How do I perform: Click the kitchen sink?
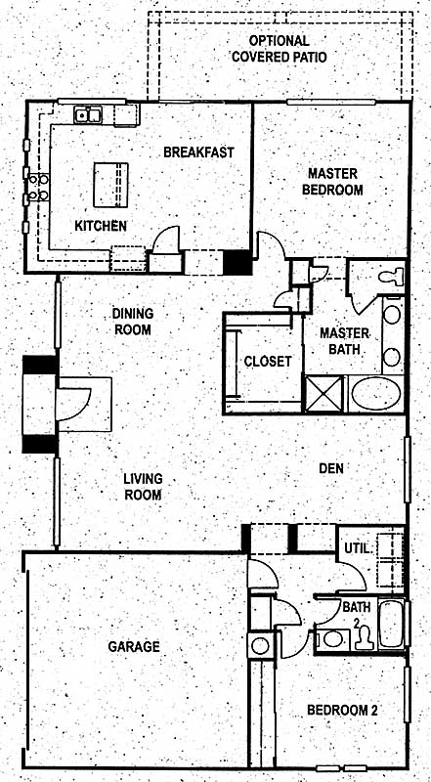88,115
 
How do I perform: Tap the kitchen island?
110,185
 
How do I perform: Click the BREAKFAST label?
198,152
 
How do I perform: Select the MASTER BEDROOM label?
332,182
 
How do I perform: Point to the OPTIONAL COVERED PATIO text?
280,48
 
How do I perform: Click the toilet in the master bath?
391,277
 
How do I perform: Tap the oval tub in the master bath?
375,394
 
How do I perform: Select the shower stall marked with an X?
324,394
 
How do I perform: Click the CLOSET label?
268,361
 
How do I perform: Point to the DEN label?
331,468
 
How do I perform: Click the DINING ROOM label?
132,322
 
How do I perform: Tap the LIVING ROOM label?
143,486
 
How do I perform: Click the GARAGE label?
134,646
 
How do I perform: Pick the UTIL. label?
358,548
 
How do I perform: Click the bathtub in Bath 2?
391,625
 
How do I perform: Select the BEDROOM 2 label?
342,710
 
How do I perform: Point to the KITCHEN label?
101,226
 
